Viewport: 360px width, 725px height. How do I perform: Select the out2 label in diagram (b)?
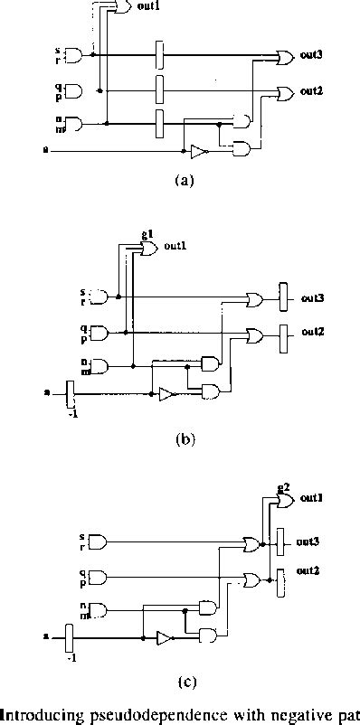[313, 333]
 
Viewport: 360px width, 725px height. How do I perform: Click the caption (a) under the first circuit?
[184, 180]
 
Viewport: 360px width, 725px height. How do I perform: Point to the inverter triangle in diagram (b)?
[166, 394]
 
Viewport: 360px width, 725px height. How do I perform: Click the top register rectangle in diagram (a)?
[158, 54]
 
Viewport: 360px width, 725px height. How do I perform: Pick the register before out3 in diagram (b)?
[282, 296]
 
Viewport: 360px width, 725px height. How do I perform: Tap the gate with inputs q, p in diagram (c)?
[98, 576]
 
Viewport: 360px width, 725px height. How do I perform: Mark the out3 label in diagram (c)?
[312, 541]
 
